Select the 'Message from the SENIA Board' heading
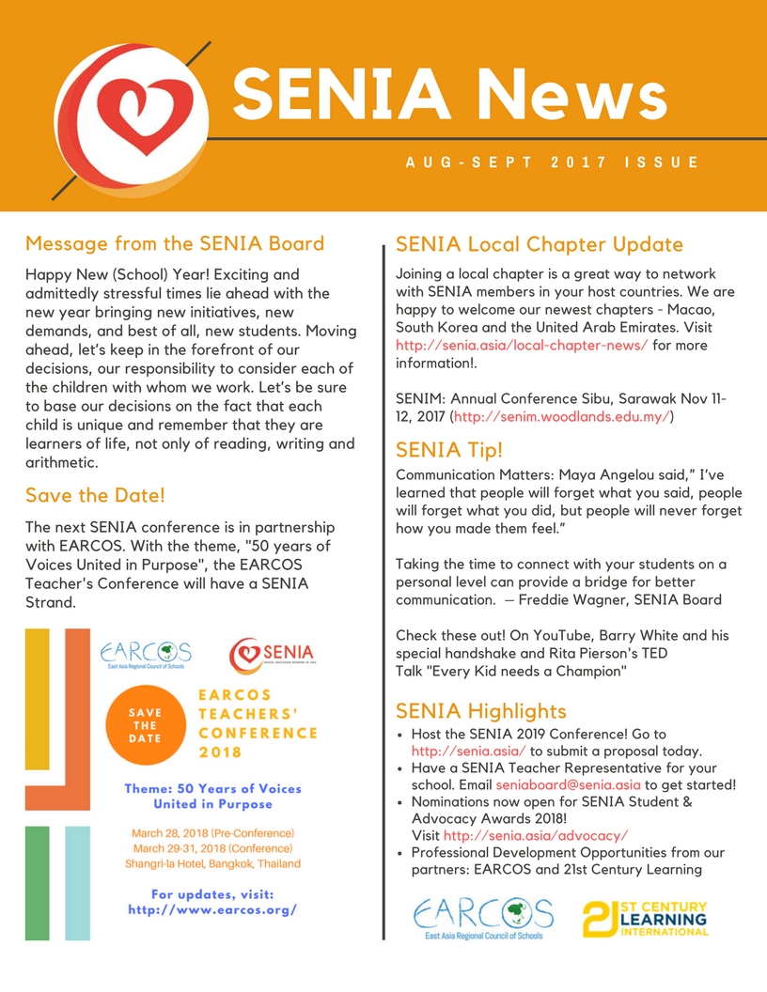(175, 244)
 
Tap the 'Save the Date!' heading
(95, 495)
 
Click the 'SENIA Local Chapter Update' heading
(540, 245)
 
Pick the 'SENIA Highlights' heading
(481, 711)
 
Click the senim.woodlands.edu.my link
(562, 415)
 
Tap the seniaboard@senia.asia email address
(568, 785)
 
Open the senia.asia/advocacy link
(536, 835)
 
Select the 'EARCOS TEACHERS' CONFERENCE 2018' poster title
(256, 724)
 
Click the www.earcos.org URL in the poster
(212, 909)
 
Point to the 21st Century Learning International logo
(645, 920)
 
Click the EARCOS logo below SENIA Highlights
(483, 920)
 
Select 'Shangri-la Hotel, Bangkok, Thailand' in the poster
(212, 863)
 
